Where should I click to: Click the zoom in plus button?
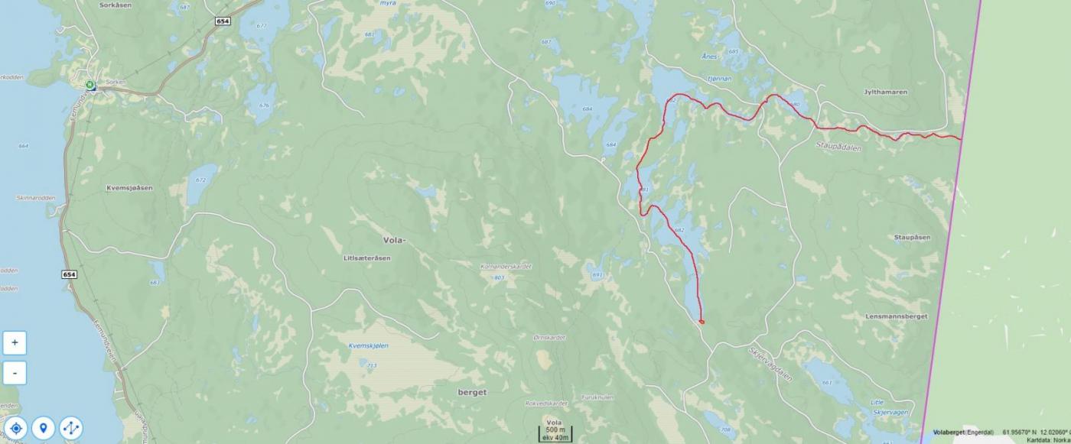coord(15,343)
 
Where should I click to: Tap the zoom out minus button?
coord(15,373)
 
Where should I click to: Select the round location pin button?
coord(44,428)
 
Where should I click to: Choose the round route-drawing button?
coord(70,428)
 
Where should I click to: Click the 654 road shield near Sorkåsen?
coord(222,21)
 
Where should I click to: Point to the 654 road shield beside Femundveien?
coord(70,274)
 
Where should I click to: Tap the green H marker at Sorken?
coord(90,85)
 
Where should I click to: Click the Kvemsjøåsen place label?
coord(129,188)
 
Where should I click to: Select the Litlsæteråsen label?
coord(367,258)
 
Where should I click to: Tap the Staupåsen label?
coord(912,238)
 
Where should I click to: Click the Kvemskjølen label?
coord(369,346)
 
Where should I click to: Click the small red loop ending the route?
coord(702,322)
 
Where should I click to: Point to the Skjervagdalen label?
coord(770,365)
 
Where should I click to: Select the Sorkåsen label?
coord(116,5)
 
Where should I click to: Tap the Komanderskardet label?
coord(502,267)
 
